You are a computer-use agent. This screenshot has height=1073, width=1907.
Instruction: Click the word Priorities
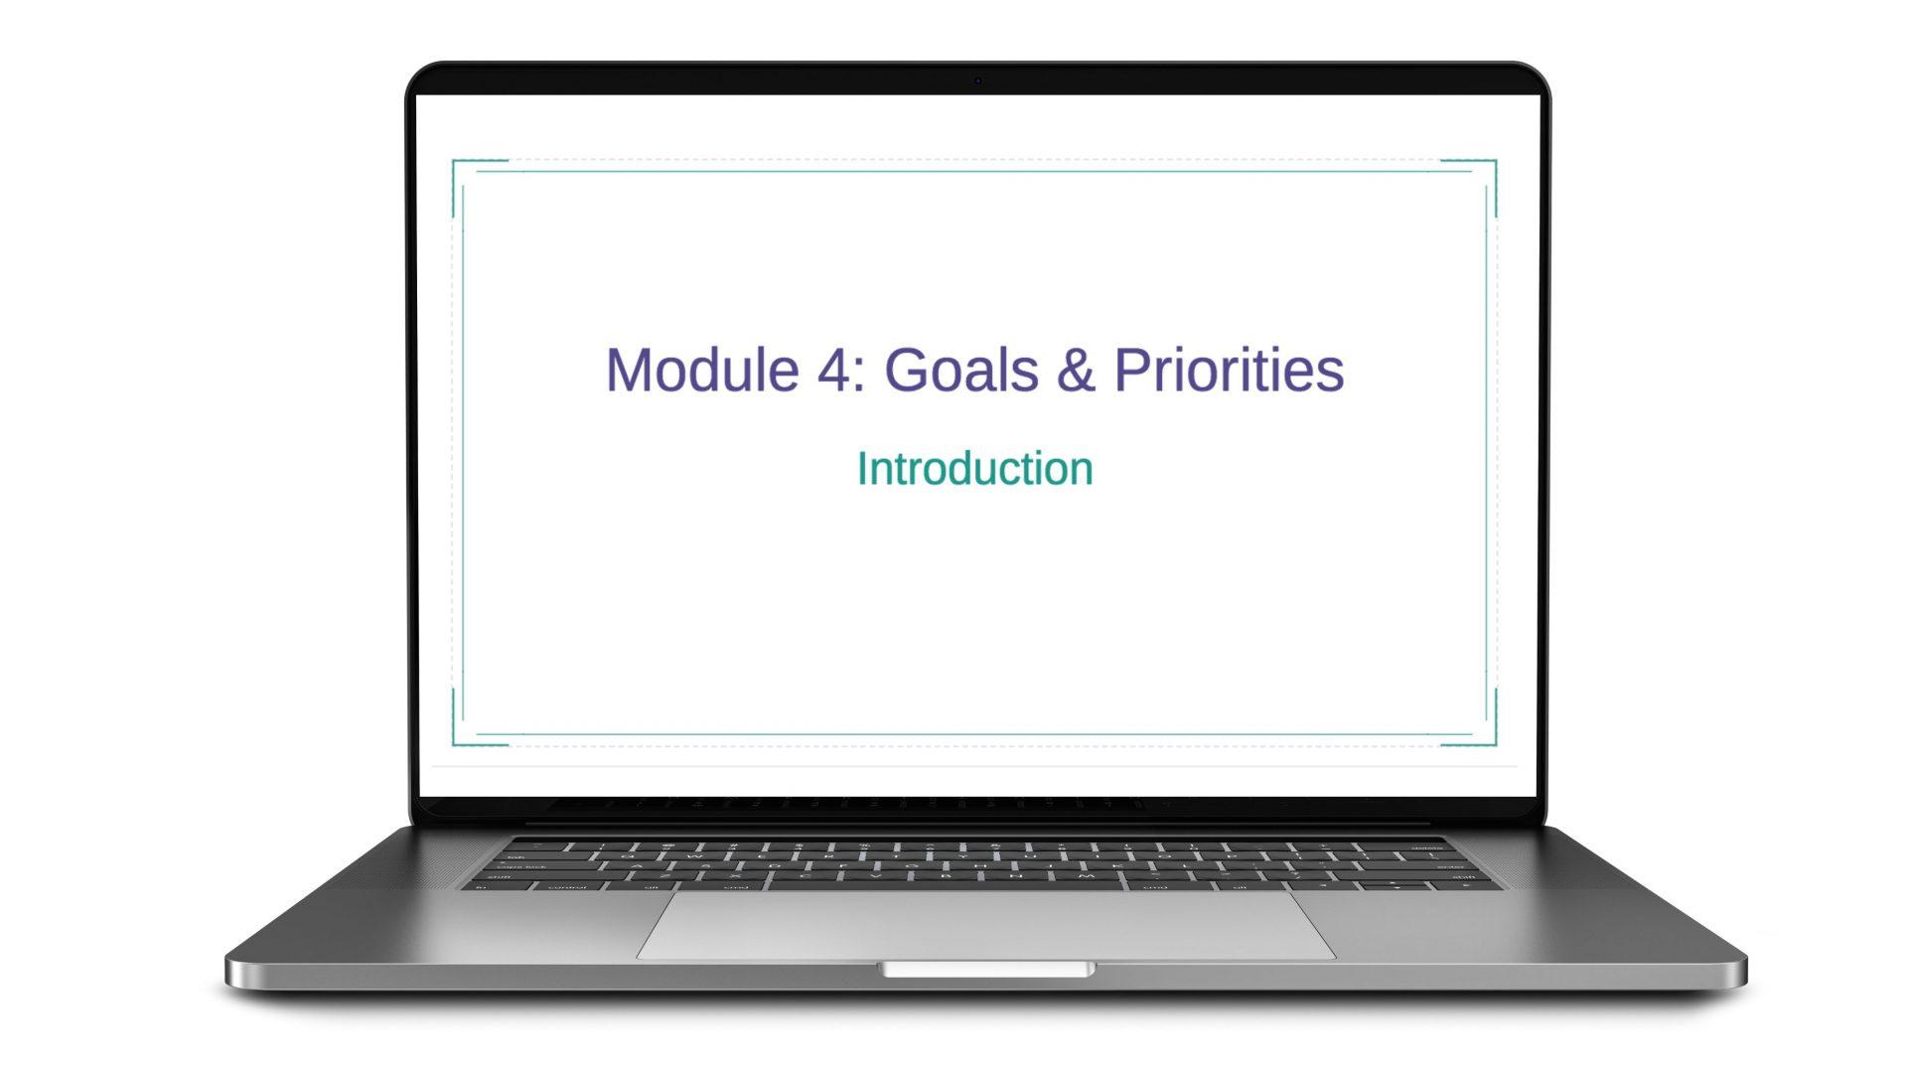pos(1230,370)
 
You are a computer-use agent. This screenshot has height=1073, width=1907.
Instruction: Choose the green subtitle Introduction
pos(974,469)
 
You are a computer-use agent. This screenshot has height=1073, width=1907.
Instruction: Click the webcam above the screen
pos(977,80)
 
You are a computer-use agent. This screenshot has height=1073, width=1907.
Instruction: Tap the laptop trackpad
pos(985,924)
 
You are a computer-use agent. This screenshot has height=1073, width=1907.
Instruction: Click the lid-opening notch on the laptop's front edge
pos(987,970)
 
